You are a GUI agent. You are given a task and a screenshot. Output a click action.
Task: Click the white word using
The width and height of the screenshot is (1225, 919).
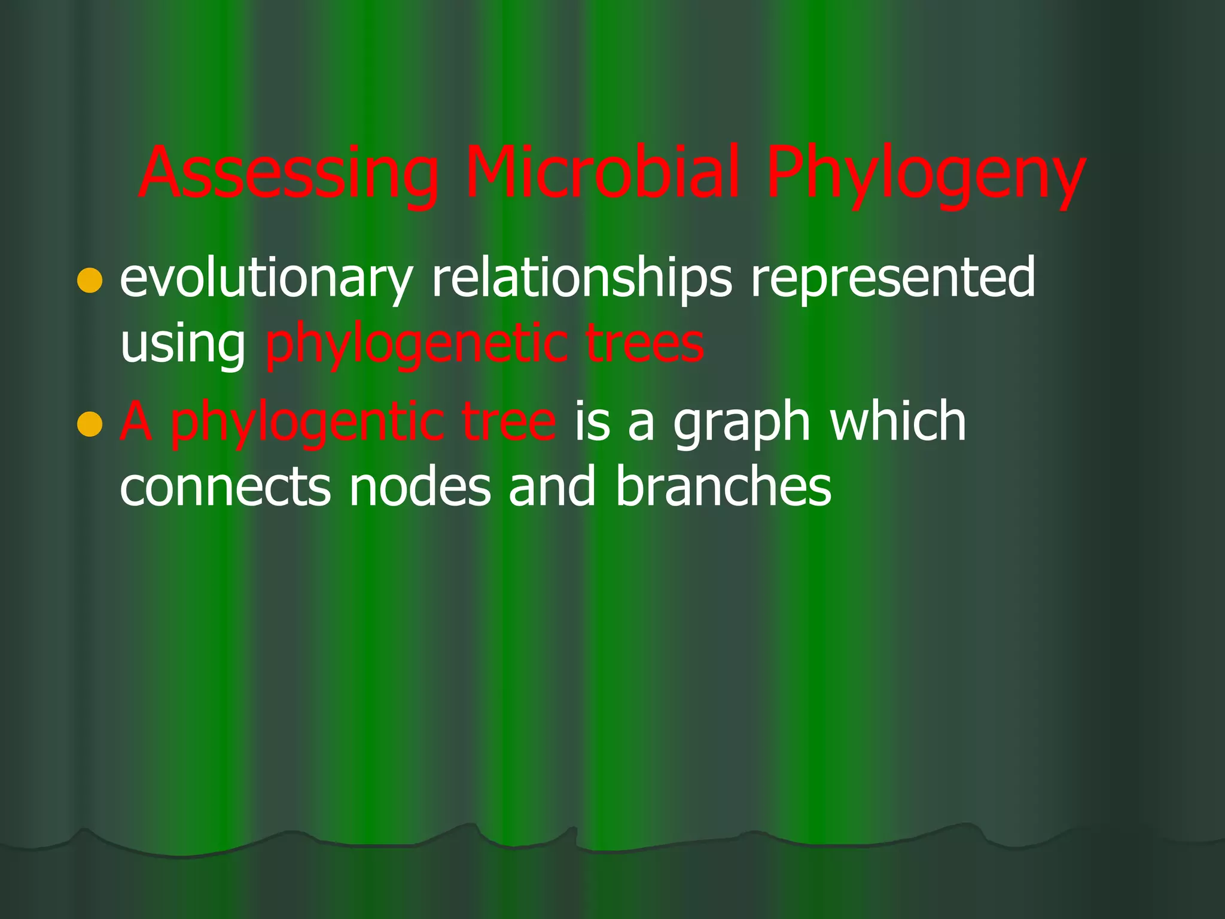(x=182, y=346)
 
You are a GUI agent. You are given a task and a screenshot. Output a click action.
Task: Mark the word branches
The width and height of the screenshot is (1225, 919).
(x=723, y=487)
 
